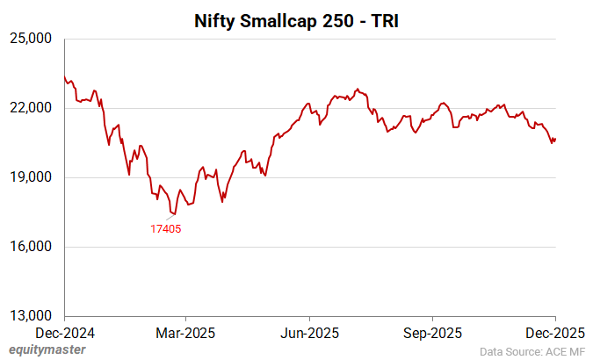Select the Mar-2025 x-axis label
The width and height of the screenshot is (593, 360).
[186, 333]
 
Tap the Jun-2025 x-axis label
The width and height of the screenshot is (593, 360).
[309, 333]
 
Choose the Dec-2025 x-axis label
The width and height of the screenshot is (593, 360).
[554, 333]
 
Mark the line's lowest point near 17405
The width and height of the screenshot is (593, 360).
[176, 213]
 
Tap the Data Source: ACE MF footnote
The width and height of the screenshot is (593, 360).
[532, 349]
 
